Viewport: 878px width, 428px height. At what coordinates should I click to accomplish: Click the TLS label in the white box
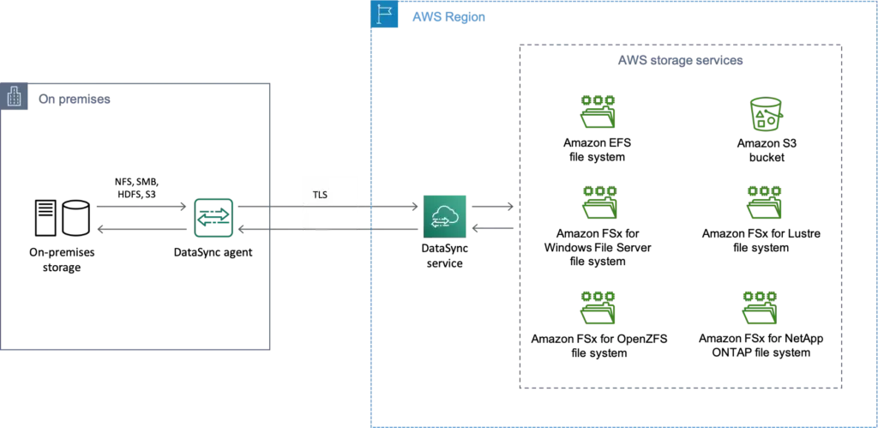tap(320, 195)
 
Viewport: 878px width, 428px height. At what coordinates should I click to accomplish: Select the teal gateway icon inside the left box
tap(213, 217)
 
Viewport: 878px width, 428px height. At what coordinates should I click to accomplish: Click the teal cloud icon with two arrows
tap(443, 215)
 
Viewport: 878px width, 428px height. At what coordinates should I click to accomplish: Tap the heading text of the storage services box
tap(683, 61)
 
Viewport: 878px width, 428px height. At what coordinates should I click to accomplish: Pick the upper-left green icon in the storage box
tap(598, 111)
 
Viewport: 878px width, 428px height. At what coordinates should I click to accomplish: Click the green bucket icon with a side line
tap(766, 113)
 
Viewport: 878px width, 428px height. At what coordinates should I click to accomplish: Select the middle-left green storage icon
tap(599, 202)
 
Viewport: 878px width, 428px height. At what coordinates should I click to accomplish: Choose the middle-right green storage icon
tap(764, 202)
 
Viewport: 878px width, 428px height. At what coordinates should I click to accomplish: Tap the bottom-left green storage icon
tap(597, 307)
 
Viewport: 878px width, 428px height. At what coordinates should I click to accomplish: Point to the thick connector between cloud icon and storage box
tap(490, 206)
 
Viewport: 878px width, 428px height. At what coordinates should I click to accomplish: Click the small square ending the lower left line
tap(103, 230)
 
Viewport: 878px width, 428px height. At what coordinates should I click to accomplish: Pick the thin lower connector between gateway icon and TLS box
tap(271, 230)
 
